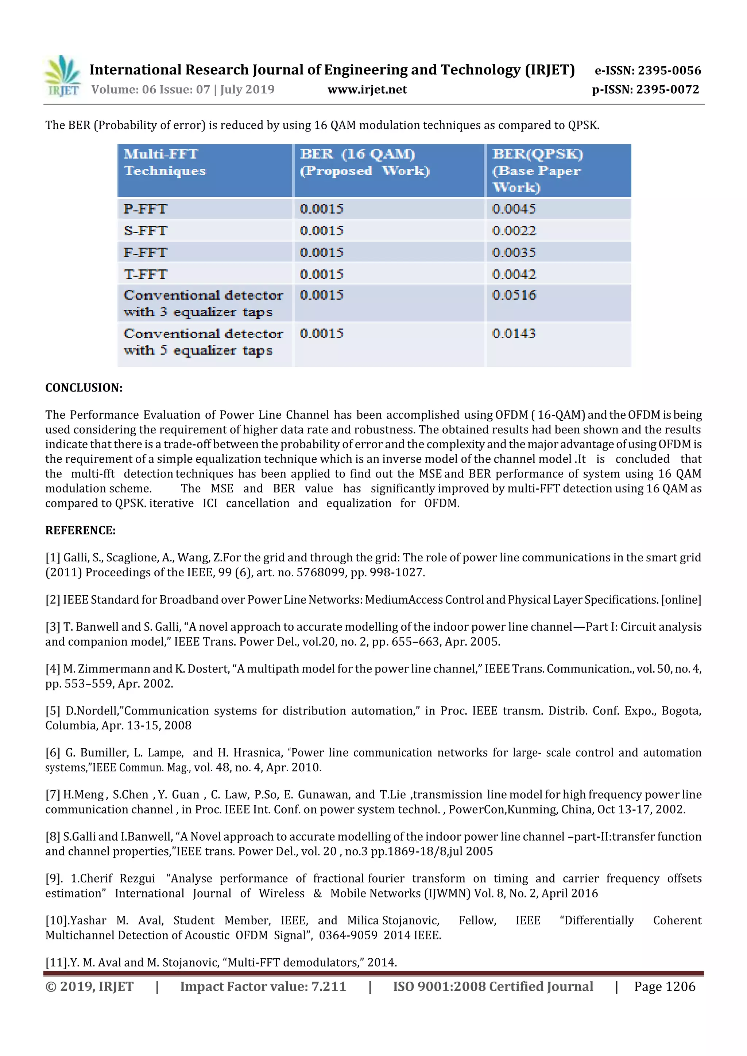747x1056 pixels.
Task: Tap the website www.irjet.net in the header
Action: click(x=367, y=90)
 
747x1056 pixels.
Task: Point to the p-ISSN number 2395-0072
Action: click(x=668, y=90)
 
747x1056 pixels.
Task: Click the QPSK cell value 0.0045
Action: click(x=514, y=209)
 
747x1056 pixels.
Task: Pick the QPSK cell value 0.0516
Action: click(x=514, y=295)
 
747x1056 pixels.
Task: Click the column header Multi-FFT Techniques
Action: click(x=164, y=162)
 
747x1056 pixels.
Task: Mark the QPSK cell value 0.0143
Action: click(x=514, y=334)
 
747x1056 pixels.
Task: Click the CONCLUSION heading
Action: click(x=84, y=388)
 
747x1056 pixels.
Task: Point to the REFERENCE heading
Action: click(x=80, y=531)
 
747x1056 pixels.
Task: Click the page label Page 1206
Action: click(x=664, y=986)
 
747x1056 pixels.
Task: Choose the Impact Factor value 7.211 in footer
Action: click(x=329, y=986)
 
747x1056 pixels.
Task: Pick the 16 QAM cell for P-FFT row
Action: click(x=321, y=209)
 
